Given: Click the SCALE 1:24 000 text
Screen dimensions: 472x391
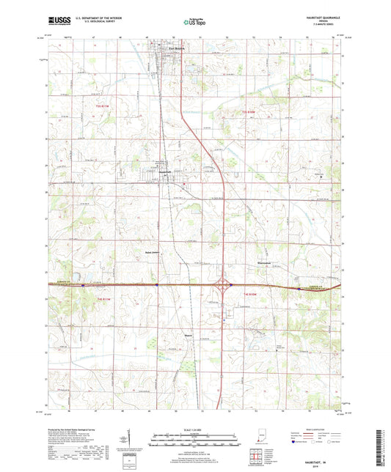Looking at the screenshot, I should pyautogui.click(x=195, y=429).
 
